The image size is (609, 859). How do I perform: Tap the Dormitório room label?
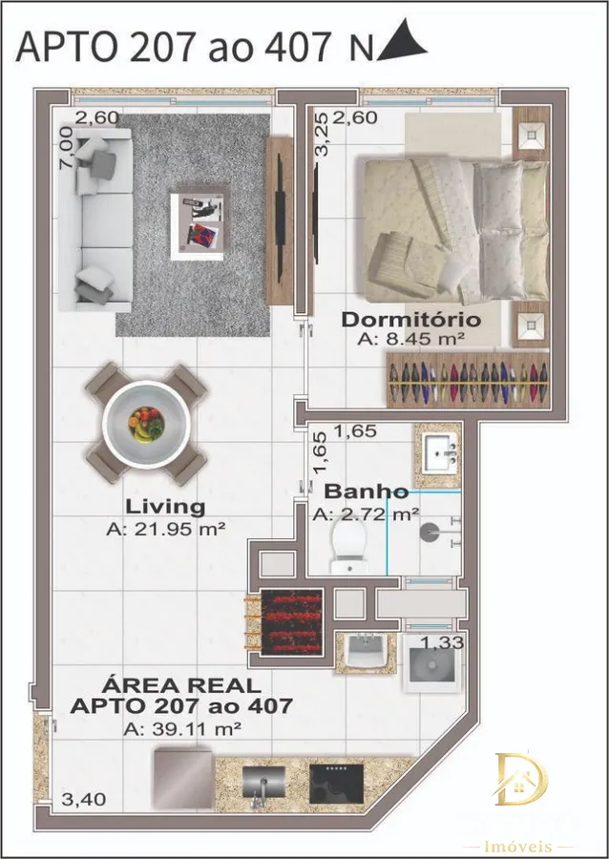click(411, 320)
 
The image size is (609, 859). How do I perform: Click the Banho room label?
click(367, 492)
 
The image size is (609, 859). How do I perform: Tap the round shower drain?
click(429, 532)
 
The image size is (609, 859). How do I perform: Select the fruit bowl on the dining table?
click(146, 424)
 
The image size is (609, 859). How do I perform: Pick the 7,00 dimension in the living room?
click(66, 147)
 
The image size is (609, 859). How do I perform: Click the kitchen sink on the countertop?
click(264, 783)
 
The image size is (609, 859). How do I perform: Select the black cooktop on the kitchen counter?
click(336, 784)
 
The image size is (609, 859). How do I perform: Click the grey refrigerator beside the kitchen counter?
click(183, 779)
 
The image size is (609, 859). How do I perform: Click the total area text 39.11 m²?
click(183, 729)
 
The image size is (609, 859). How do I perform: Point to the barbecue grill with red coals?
click(292, 621)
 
